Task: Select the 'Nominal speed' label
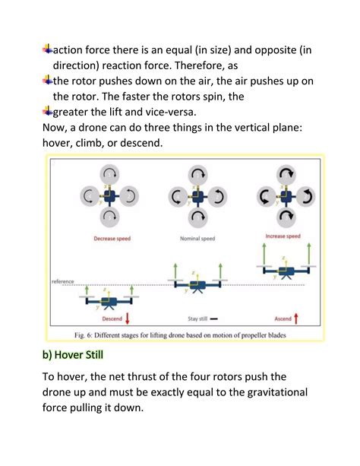197,239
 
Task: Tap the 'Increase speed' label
284,236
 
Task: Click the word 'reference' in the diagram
62,281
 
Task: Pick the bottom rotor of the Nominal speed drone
197,220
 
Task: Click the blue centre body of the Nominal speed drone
197,196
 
